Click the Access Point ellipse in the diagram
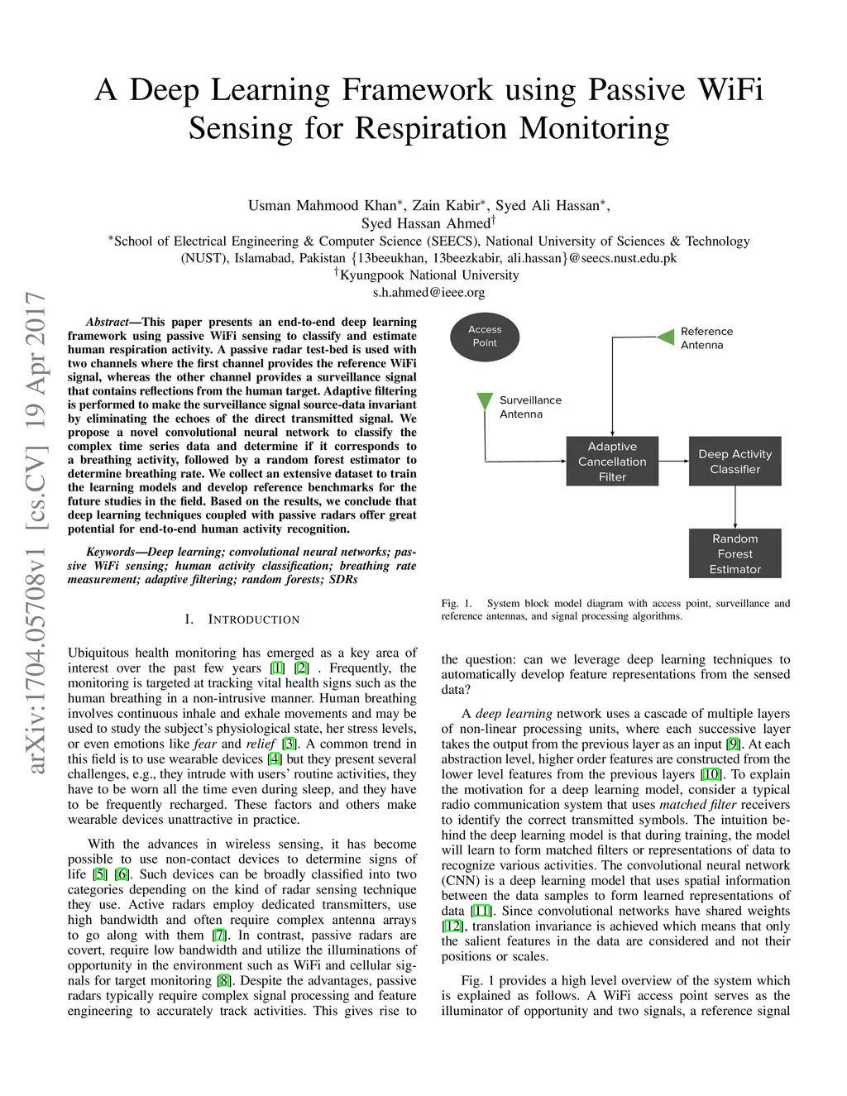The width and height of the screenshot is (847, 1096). pos(485,336)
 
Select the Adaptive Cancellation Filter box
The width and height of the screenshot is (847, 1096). pos(612,462)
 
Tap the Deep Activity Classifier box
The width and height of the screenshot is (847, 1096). pos(735,462)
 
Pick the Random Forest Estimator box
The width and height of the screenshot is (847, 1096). pos(735,553)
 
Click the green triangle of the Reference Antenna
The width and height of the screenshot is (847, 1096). pos(666,337)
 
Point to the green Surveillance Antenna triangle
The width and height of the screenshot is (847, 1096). pos(485,402)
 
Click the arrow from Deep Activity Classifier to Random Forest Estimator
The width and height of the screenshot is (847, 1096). pos(735,507)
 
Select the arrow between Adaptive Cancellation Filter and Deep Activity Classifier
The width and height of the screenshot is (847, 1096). pos(673,461)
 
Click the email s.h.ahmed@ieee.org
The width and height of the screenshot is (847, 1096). pos(428,292)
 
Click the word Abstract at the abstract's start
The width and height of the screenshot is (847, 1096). pos(108,322)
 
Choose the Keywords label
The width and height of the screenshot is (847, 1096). pos(110,552)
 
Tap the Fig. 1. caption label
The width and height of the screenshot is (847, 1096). pos(457,604)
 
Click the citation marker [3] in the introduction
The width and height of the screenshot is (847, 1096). pos(290,744)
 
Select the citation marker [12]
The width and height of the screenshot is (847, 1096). pos(452,926)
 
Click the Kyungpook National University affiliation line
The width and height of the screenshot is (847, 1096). pos(428,275)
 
